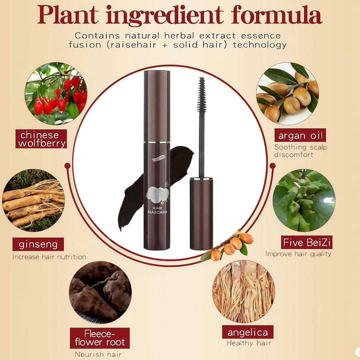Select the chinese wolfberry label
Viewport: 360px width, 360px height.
point(41,138)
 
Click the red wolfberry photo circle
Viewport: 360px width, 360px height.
point(56,93)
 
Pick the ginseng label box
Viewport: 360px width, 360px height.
point(38,244)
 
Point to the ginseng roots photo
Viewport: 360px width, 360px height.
point(33,200)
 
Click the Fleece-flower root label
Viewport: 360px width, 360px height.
point(99,337)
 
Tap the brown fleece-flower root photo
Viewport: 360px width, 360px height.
point(100,292)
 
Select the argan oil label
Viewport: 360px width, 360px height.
point(300,135)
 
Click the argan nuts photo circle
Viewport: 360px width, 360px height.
point(287,93)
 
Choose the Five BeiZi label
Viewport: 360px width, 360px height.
point(306,242)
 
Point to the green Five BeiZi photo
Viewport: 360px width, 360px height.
point(304,200)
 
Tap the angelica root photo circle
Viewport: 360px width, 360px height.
point(243,291)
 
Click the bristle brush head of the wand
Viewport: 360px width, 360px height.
point(202,91)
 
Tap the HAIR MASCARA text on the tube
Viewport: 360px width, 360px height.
point(157,210)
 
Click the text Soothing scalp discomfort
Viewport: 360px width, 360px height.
point(300,150)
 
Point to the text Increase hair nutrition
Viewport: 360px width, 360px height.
point(49,256)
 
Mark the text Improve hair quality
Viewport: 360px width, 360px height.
point(298,254)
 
